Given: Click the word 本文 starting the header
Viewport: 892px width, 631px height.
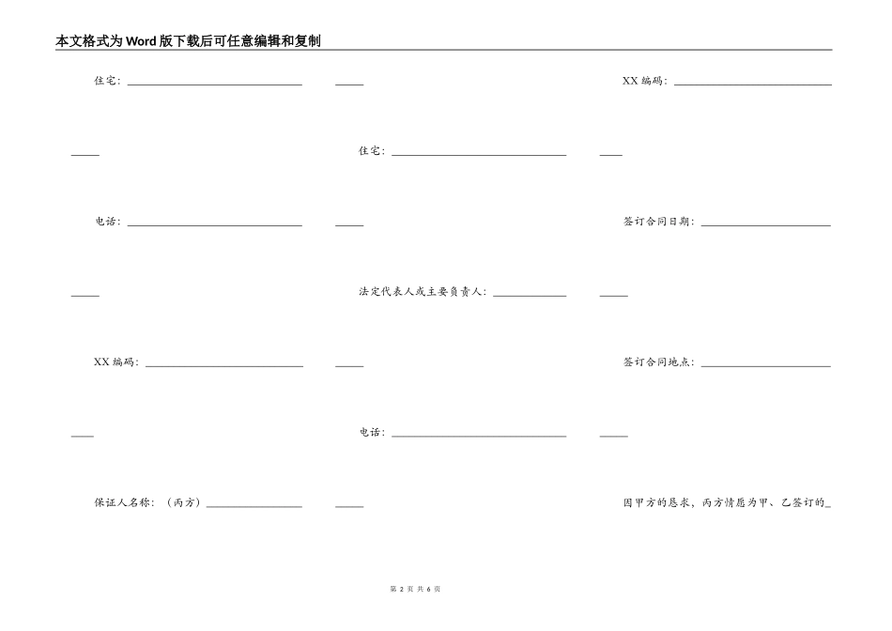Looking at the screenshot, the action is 67,41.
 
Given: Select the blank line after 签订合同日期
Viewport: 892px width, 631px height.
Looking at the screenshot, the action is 765,224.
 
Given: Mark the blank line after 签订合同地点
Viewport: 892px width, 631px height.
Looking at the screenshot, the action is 765,365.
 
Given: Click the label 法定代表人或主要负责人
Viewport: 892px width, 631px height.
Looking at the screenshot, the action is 422,292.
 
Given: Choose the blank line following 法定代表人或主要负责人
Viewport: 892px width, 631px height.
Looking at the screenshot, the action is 530,295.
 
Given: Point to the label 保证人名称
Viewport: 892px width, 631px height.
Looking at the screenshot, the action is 123,502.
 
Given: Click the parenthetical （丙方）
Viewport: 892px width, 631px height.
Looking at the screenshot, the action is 184,502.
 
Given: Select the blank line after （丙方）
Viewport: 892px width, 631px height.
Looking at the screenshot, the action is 254,506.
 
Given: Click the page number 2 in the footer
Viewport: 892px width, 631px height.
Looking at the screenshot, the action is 401,589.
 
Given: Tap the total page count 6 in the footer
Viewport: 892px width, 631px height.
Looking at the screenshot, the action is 427,589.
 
